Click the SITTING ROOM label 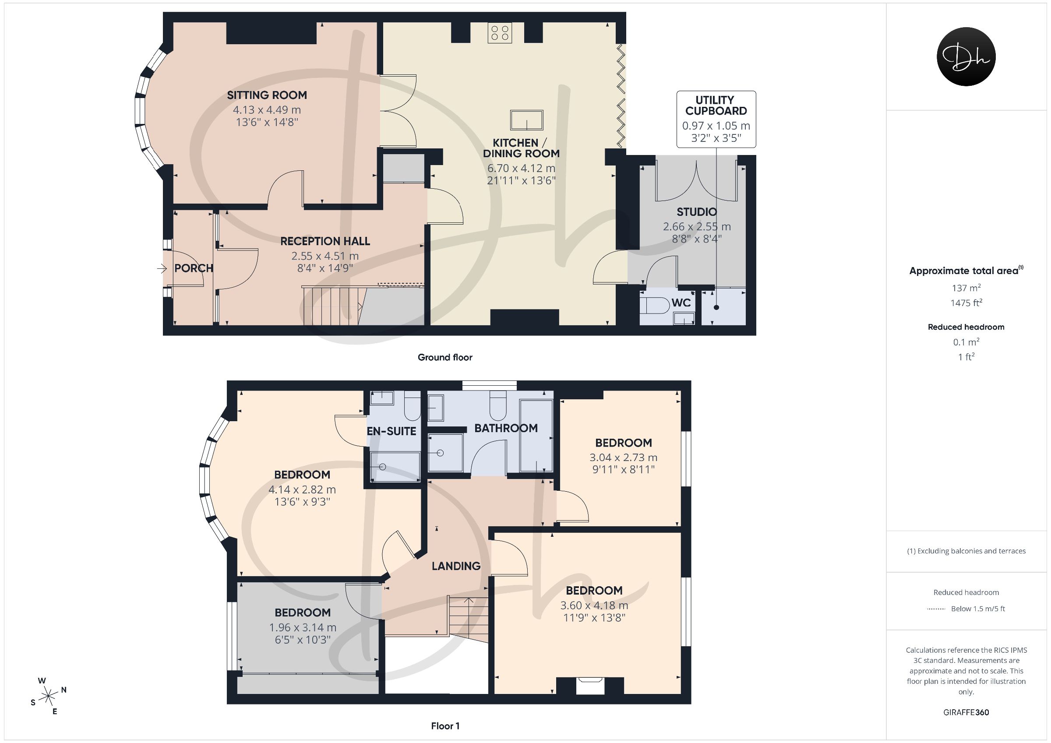[x=267, y=95]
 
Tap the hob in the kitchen [x=499, y=33]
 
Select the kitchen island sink [x=527, y=120]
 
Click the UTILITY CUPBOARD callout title [x=716, y=105]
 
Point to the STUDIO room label [x=697, y=212]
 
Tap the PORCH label [x=194, y=268]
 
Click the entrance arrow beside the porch [x=162, y=269]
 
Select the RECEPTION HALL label [x=325, y=241]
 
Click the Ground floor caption [x=445, y=358]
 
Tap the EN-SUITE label [x=391, y=431]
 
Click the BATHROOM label [x=506, y=429]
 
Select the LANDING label [x=456, y=566]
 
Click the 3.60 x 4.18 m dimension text [x=594, y=605]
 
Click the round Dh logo [x=966, y=56]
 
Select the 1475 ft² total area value [x=966, y=303]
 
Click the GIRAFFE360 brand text [x=966, y=712]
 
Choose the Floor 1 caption [x=445, y=726]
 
